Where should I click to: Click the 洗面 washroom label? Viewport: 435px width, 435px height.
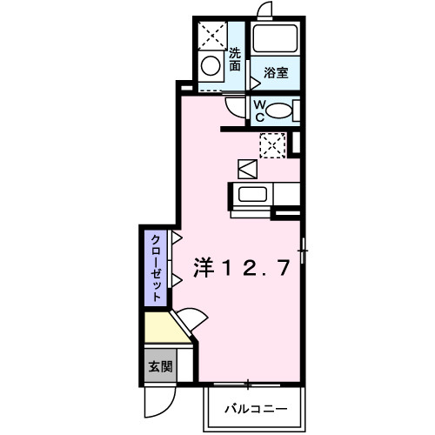pyautogui.click(x=234, y=58)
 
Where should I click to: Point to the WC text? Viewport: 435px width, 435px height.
pyautogui.click(x=258, y=109)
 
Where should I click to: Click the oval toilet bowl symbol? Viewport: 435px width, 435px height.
pyautogui.click(x=278, y=110)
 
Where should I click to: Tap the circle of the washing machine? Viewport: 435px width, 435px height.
pyautogui.click(x=210, y=65)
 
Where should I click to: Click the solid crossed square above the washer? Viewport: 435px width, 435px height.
pyautogui.click(x=211, y=34)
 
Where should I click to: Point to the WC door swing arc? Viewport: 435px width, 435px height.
pyautogui.click(x=235, y=108)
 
